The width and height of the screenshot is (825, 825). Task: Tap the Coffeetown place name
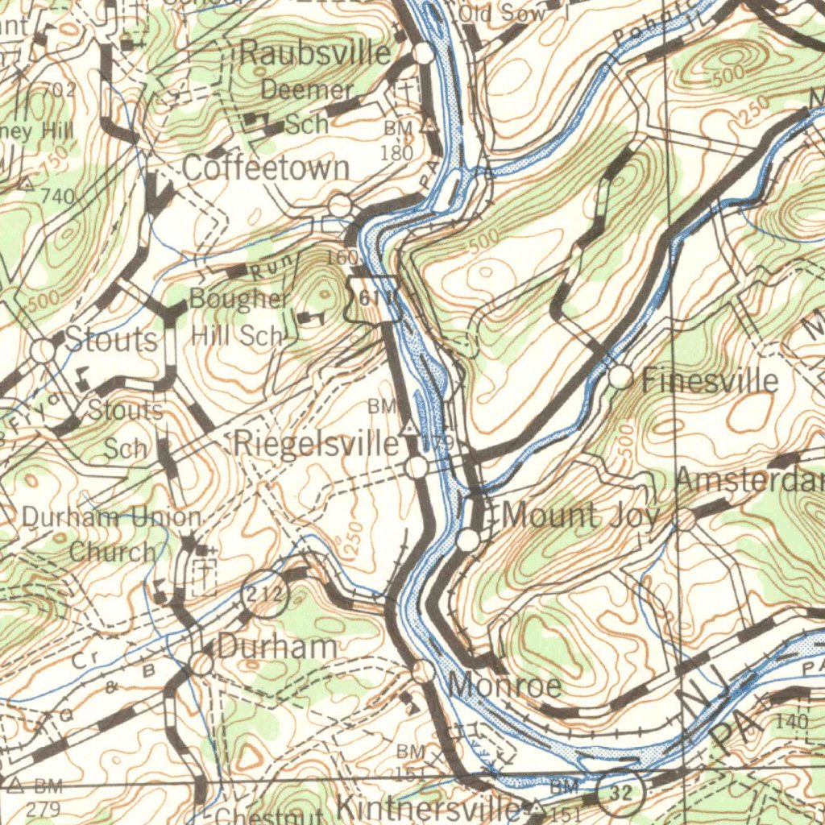click(266, 168)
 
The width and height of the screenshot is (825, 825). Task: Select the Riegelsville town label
click(316, 444)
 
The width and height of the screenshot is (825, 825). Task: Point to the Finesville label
click(710, 379)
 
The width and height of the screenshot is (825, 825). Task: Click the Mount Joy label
click(580, 516)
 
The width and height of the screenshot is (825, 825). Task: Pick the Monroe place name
click(504, 686)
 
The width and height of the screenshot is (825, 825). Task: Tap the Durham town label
click(277, 646)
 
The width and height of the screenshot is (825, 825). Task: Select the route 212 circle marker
click(266, 596)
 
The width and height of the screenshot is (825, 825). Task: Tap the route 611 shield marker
click(373, 299)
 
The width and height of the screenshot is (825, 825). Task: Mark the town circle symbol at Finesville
click(620, 376)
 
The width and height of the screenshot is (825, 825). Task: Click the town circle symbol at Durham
click(201, 664)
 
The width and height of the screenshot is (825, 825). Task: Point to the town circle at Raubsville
click(424, 54)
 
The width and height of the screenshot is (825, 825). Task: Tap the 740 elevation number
click(57, 196)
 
